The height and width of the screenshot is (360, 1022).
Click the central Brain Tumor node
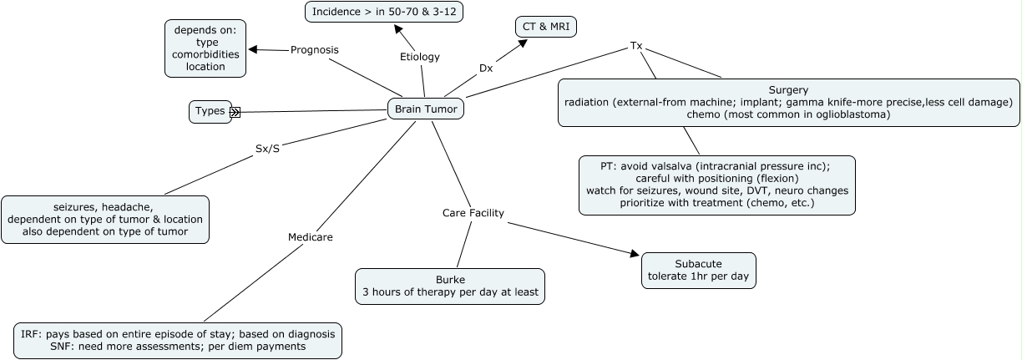tap(426, 109)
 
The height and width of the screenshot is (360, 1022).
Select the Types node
tap(210, 112)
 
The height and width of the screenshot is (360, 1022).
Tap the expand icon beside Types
tap(235, 112)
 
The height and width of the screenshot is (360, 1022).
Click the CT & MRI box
tap(546, 27)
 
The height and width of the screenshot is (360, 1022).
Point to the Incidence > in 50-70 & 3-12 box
tap(384, 12)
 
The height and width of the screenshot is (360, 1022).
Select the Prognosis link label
tap(314, 50)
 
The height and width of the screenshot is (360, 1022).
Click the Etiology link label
tap(420, 57)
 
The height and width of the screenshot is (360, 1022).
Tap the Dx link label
tap(486, 68)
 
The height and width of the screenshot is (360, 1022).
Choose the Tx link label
tap(636, 46)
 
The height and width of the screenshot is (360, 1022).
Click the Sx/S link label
tap(267, 149)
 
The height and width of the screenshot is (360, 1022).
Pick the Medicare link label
tap(311, 237)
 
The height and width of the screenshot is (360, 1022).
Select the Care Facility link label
tap(473, 213)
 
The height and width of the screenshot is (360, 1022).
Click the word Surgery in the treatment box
tap(788, 90)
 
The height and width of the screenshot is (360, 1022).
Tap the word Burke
tap(450, 280)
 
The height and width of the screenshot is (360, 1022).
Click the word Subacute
tap(699, 264)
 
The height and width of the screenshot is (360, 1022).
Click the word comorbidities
tap(205, 54)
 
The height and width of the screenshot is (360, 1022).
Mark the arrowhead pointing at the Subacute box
tap(635, 253)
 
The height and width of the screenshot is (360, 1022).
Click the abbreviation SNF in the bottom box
tap(62, 347)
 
